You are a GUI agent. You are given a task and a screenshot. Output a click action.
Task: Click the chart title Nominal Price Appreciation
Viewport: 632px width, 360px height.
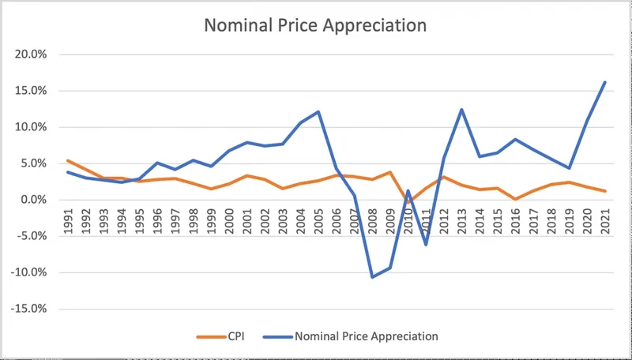(315, 25)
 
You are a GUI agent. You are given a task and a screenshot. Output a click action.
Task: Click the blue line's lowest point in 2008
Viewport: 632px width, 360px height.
(372, 277)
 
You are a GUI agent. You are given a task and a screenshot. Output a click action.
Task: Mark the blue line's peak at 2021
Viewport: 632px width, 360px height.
(604, 82)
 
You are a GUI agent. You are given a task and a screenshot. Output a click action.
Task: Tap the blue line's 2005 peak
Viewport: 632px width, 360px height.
(318, 111)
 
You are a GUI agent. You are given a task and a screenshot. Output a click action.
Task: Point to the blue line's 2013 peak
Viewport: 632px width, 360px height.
(461, 110)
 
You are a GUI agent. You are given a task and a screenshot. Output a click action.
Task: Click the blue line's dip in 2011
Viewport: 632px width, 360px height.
(425, 244)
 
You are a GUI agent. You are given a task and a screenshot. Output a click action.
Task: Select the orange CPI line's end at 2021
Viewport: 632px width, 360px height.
(604, 191)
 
